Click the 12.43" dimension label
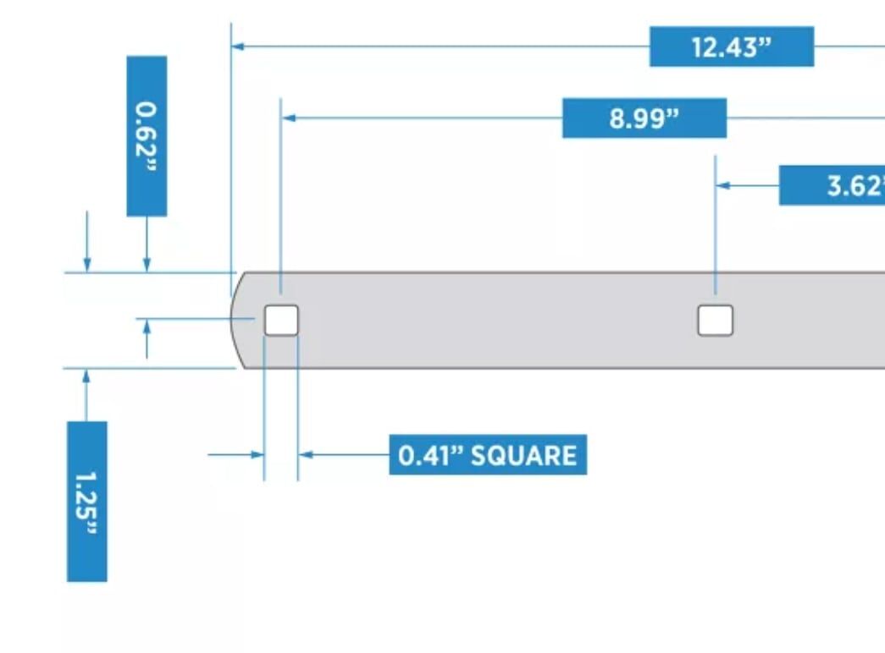click(731, 47)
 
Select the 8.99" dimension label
click(644, 118)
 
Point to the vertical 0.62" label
click(147, 136)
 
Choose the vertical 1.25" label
click(87, 502)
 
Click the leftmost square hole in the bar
click(281, 321)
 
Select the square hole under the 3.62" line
click(716, 321)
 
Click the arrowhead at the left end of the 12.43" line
click(238, 47)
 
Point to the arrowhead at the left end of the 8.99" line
click(288, 118)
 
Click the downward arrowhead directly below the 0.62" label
click(147, 264)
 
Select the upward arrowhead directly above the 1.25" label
click(86, 376)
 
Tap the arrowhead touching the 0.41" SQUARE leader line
click(306, 455)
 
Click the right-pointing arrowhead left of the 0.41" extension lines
click(257, 455)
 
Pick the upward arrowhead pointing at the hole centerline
click(147, 326)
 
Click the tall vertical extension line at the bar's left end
click(231, 152)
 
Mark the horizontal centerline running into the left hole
click(195, 319)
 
